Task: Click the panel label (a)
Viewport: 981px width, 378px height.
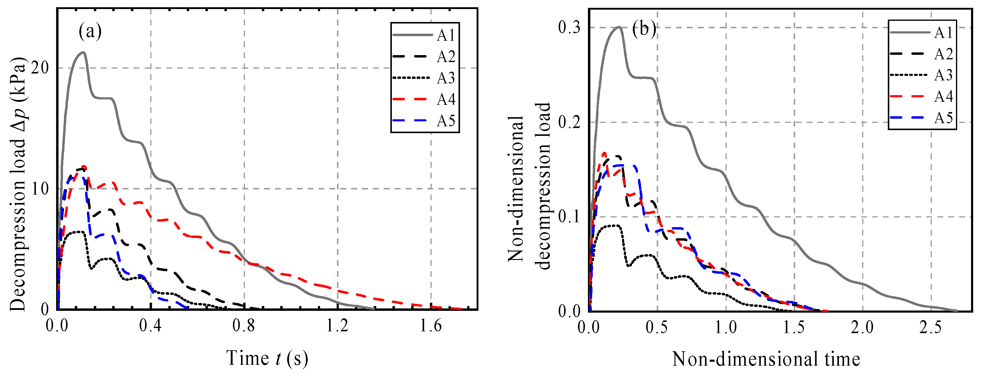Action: (x=90, y=31)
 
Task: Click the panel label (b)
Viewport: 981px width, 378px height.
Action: (x=643, y=29)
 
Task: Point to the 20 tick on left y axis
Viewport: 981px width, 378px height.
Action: (x=40, y=68)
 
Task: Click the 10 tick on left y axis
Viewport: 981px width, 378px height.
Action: (x=40, y=189)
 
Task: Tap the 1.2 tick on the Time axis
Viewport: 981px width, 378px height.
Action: (x=338, y=326)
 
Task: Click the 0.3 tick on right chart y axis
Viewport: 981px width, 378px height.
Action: (x=569, y=27)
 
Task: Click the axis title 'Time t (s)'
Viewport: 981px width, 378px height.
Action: (x=267, y=358)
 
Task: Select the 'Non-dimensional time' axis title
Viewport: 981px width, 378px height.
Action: (x=766, y=359)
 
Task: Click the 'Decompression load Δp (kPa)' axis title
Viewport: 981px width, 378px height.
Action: (x=18, y=184)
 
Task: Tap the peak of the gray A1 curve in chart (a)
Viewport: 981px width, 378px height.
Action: (x=83, y=52)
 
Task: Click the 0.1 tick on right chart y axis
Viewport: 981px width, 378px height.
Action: (x=569, y=217)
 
